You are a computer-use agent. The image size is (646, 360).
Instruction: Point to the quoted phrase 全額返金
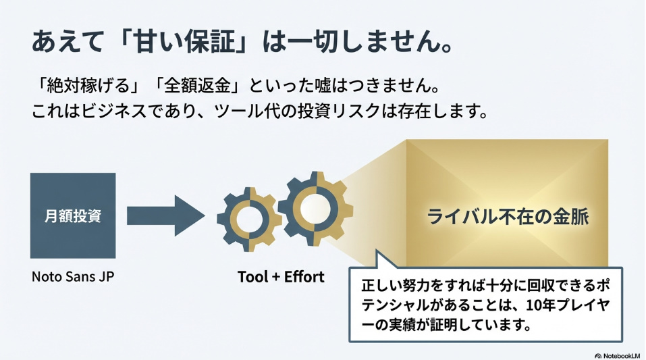[197, 86]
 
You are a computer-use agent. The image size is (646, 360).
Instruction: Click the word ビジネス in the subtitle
[115, 111]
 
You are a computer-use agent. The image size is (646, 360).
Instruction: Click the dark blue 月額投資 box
[73, 215]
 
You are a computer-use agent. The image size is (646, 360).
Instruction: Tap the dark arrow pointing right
[165, 215]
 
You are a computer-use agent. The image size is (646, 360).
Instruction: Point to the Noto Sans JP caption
[73, 276]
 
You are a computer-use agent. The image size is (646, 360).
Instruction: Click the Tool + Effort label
[281, 277]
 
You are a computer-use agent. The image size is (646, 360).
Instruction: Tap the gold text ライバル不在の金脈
[508, 217]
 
